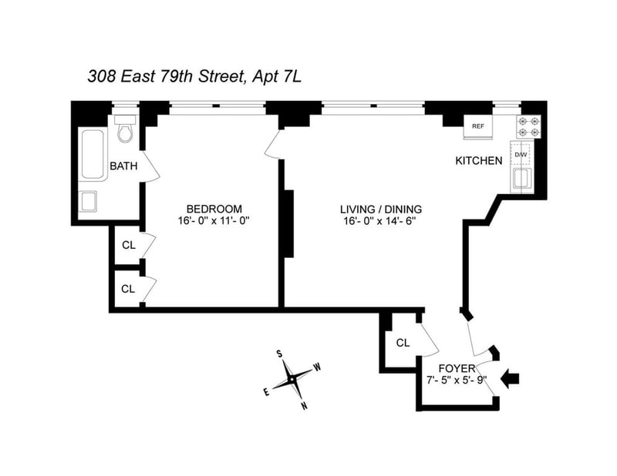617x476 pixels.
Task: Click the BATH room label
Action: point(123,166)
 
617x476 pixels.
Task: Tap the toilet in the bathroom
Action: point(126,129)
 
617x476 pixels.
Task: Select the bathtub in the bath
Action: point(93,154)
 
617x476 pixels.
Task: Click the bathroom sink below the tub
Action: point(89,201)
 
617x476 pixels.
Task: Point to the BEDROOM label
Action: point(214,209)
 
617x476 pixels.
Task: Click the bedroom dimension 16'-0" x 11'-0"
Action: point(214,220)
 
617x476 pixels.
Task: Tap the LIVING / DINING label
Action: point(381,209)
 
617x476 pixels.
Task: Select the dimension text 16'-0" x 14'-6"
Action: point(379,221)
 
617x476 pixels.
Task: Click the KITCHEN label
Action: point(478,160)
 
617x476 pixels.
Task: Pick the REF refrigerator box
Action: point(477,126)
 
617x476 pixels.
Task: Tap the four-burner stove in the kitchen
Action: point(528,127)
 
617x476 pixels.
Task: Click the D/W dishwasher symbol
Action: point(521,155)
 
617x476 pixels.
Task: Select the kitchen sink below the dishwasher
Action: point(521,179)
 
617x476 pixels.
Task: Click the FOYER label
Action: point(457,368)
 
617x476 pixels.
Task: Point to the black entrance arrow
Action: point(510,379)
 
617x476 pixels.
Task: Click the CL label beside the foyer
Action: point(403,343)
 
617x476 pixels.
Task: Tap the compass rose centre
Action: point(292,380)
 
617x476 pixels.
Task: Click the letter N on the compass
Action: point(304,407)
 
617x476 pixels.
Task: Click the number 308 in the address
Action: point(102,77)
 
